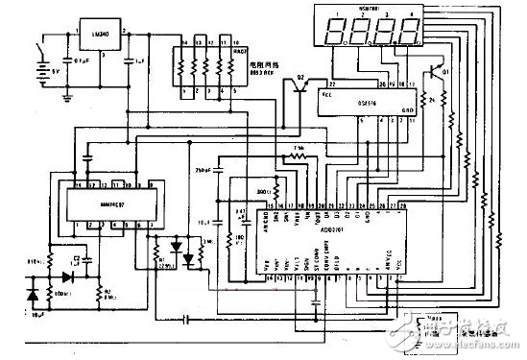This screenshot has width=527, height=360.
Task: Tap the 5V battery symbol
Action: [x=41, y=69]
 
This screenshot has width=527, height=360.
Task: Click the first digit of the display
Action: [x=335, y=30]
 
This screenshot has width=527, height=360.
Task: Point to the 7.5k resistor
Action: [x=299, y=156]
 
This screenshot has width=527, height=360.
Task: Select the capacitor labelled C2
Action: [x=71, y=259]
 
